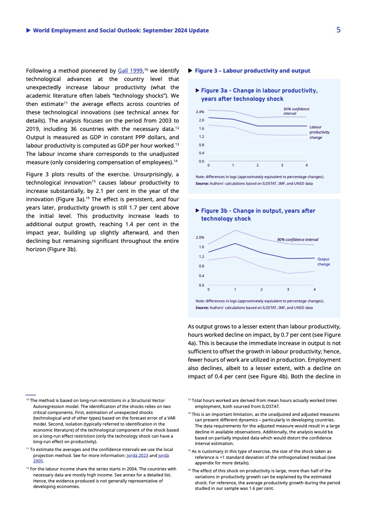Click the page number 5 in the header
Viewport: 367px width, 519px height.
click(x=339, y=30)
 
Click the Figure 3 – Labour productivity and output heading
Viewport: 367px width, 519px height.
click(x=252, y=71)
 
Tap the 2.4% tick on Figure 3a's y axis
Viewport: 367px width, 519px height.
click(x=200, y=112)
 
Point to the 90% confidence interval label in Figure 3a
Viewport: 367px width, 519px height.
click(x=296, y=111)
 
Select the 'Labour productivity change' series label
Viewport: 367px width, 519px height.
click(x=319, y=132)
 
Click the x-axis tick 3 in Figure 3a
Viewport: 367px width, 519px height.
click(x=282, y=165)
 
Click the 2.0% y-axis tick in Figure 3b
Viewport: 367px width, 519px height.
click(x=200, y=237)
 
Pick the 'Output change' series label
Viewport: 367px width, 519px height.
click(x=324, y=262)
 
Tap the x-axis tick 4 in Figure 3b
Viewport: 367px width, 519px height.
click(x=315, y=290)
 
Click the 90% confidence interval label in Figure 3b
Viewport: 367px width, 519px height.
click(x=298, y=239)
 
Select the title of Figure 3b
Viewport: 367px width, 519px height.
click(x=258, y=215)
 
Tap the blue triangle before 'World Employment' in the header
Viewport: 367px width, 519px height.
click(x=29, y=31)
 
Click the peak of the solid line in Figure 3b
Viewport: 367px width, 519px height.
click(x=235, y=243)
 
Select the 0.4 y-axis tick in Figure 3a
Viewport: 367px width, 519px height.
click(x=201, y=153)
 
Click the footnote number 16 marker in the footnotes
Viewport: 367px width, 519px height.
click(x=189, y=470)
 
